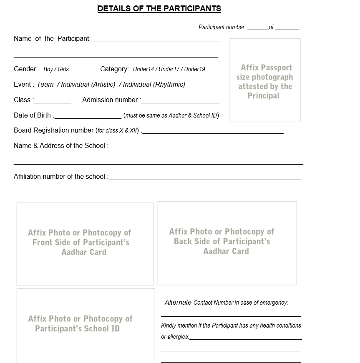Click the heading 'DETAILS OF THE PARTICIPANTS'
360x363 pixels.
159,8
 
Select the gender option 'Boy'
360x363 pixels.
48,69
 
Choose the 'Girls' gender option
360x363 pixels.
63,69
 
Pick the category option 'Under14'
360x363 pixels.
143,69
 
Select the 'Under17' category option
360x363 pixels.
169,69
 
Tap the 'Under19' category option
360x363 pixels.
195,69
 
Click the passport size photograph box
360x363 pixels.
265,80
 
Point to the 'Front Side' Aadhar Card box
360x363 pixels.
85,244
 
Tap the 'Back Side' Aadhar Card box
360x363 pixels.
227,243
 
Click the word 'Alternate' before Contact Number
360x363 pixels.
178,303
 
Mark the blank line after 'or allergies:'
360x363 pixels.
245,338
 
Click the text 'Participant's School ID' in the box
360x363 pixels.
77,329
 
